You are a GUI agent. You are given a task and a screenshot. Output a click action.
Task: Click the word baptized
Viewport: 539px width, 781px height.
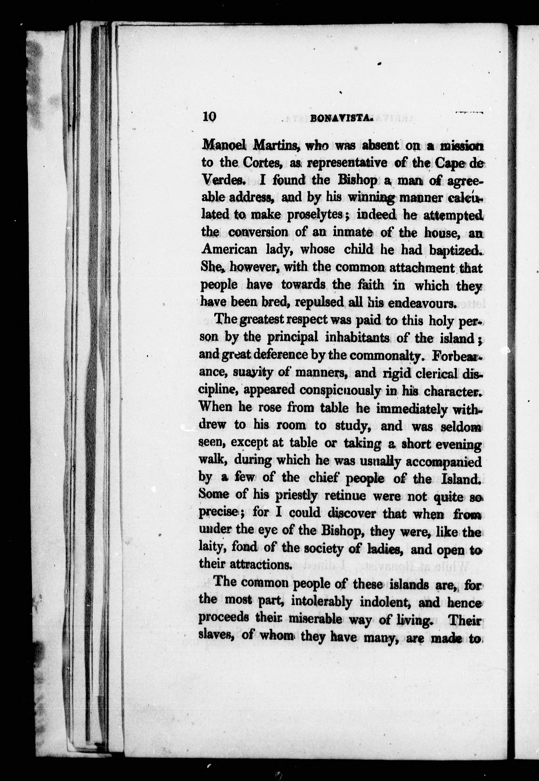point(456,250)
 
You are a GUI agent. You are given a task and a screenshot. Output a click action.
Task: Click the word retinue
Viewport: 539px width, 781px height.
point(345,496)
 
